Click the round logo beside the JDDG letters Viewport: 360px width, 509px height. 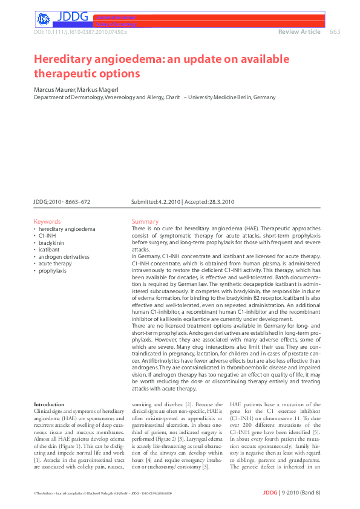click(x=42, y=19)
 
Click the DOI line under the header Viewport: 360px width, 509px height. click(x=80, y=31)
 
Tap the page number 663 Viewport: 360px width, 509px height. click(x=335, y=32)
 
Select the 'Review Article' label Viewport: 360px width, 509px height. click(x=299, y=32)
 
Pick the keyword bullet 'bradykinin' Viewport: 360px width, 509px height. click(x=53, y=243)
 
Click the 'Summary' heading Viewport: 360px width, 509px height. click(x=145, y=222)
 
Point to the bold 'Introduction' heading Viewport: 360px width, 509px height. click(x=49, y=404)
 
